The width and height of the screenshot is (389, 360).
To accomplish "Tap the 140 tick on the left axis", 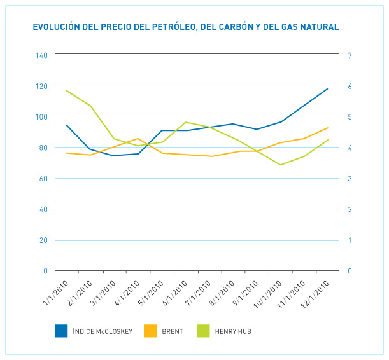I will click(42, 55).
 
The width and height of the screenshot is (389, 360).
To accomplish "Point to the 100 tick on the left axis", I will click(42, 117).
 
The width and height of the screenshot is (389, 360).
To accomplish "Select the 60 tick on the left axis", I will click(43, 179).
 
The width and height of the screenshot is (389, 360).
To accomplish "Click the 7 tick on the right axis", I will click(350, 55).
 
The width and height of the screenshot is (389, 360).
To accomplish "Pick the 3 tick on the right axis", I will click(350, 179).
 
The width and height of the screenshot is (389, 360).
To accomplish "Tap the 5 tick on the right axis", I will click(350, 117).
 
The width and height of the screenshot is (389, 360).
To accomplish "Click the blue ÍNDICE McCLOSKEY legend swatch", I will click(61, 331).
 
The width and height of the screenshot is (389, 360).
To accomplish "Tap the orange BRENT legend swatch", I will click(150, 331).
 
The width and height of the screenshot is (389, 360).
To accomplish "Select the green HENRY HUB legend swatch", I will click(203, 331).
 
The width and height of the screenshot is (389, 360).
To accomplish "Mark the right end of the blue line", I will click(328, 88).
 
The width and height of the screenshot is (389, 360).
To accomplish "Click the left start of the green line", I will click(66, 90).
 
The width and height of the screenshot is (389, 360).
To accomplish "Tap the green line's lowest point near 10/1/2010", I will click(280, 165).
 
